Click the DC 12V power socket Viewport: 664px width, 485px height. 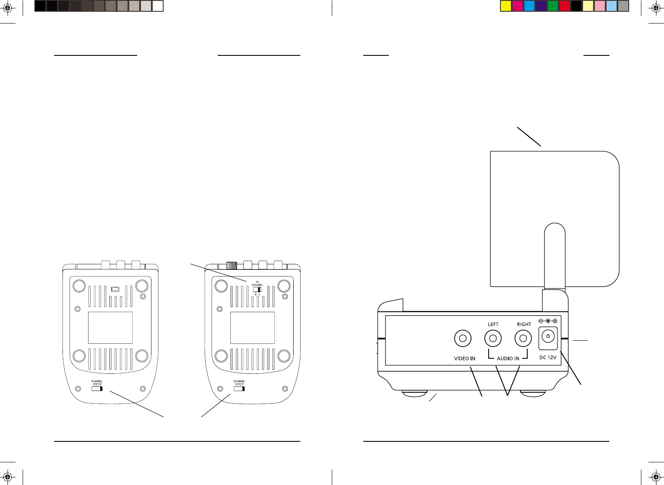coord(548,338)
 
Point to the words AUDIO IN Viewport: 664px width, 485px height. coord(508,359)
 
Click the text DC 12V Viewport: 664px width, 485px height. coord(547,358)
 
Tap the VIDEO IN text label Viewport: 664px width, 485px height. coord(464,359)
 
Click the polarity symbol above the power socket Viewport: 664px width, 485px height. coord(548,321)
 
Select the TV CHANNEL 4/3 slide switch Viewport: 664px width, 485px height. coord(257,289)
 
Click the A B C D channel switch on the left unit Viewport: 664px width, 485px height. coord(97,389)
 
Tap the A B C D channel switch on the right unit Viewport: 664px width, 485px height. coord(239,389)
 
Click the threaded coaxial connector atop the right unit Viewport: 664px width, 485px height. coord(232,265)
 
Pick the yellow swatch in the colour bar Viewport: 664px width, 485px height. coord(506,6)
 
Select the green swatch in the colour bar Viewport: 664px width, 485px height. coord(553,6)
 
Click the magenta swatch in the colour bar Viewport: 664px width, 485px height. coord(518,6)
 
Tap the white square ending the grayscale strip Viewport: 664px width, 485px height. coord(158,6)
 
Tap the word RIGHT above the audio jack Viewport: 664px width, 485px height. coord(524,324)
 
